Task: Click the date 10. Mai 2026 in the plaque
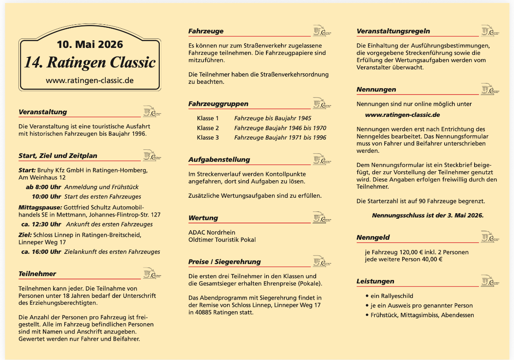(x=90, y=45)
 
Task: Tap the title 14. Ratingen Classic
(x=90, y=62)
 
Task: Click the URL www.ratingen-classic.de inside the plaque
(x=90, y=80)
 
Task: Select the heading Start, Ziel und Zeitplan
(x=58, y=156)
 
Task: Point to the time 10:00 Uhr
(x=46, y=196)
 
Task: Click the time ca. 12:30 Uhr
(x=41, y=224)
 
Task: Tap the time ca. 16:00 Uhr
(x=41, y=252)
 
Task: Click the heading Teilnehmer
(x=37, y=274)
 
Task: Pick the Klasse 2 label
(x=208, y=128)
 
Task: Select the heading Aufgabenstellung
(x=219, y=160)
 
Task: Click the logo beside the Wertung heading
(x=322, y=217)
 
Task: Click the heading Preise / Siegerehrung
(x=224, y=262)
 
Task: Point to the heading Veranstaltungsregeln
(x=393, y=31)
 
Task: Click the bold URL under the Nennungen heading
(x=402, y=115)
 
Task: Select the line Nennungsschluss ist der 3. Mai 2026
(x=427, y=215)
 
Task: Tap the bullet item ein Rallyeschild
(x=389, y=296)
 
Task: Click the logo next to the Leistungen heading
(x=490, y=280)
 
